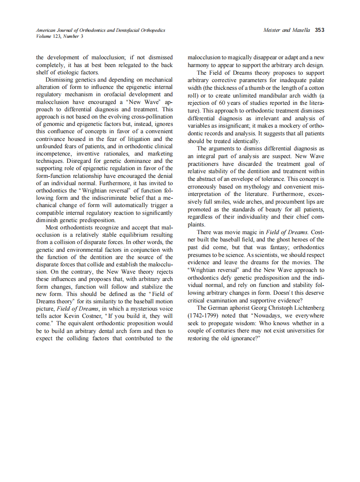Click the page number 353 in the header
click(319, 30)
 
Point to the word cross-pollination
click(148, 116)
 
